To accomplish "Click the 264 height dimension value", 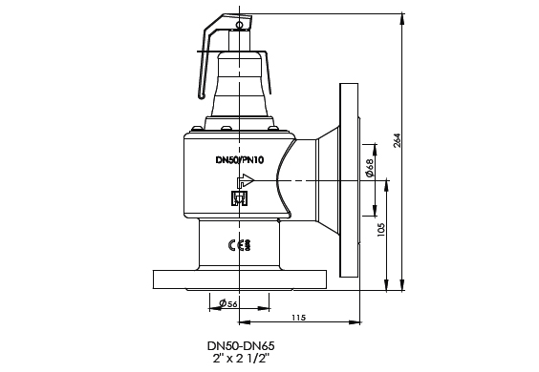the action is point(397,140).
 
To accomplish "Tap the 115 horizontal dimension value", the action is point(298,318).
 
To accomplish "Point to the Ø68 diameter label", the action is point(370,168).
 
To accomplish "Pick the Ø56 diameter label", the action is point(228,303).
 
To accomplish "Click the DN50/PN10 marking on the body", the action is point(240,160).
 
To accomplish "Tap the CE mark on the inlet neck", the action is point(239,245).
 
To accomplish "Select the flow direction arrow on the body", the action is point(246,180).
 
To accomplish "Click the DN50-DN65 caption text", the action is point(241,345).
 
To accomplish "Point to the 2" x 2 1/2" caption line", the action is point(241,359).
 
